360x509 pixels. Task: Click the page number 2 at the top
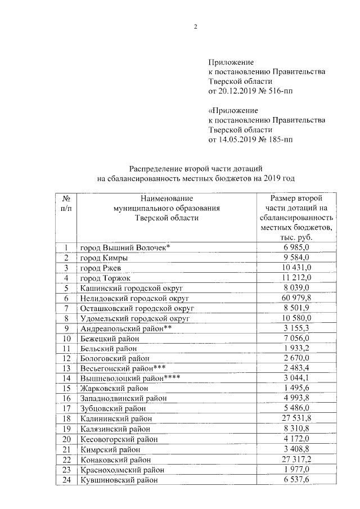[x=195, y=26]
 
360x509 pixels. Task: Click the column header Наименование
[x=167, y=198]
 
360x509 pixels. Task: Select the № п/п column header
[x=66, y=203]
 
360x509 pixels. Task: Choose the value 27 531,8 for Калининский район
[x=295, y=418]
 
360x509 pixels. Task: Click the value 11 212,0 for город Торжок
[x=295, y=278]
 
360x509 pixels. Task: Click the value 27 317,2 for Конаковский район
[x=295, y=459]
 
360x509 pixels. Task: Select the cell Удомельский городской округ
[x=135, y=318]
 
